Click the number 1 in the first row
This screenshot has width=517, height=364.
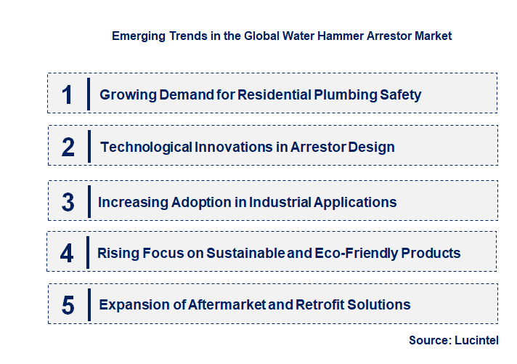click(68, 94)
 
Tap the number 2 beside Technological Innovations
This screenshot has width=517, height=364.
click(68, 147)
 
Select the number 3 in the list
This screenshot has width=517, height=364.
click(68, 202)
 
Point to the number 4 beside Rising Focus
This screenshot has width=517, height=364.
click(67, 254)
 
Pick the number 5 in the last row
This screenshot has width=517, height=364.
click(68, 305)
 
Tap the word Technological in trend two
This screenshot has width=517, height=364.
click(146, 147)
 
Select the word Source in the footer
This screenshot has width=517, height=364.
click(428, 340)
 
